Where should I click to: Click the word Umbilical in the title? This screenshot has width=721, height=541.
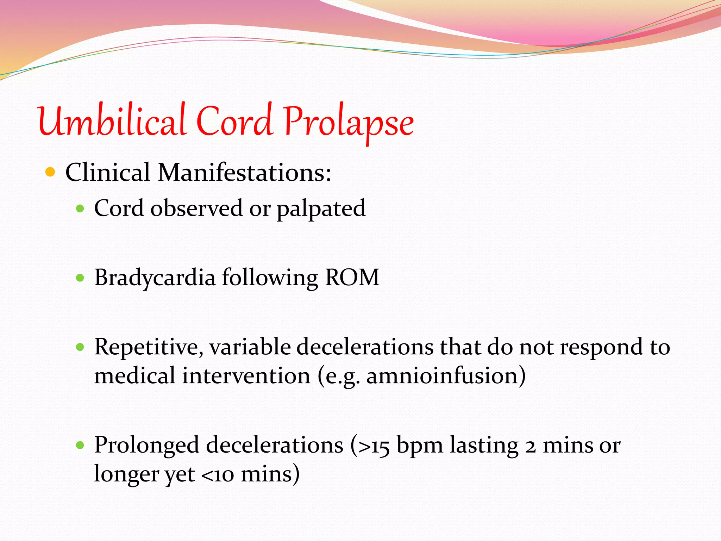tap(112, 122)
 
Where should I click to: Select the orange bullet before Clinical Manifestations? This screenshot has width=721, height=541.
tap(50, 172)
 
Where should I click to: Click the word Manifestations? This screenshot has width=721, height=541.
tap(244, 173)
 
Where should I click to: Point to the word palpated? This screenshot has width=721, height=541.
tap(321, 209)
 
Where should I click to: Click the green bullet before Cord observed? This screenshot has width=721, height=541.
tap(80, 209)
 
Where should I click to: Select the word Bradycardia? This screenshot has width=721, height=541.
tap(155, 278)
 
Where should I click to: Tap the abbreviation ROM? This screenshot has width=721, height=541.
tap(352, 278)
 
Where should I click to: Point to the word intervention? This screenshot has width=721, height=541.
tap(246, 376)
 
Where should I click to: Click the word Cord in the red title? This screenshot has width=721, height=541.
tap(234, 122)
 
